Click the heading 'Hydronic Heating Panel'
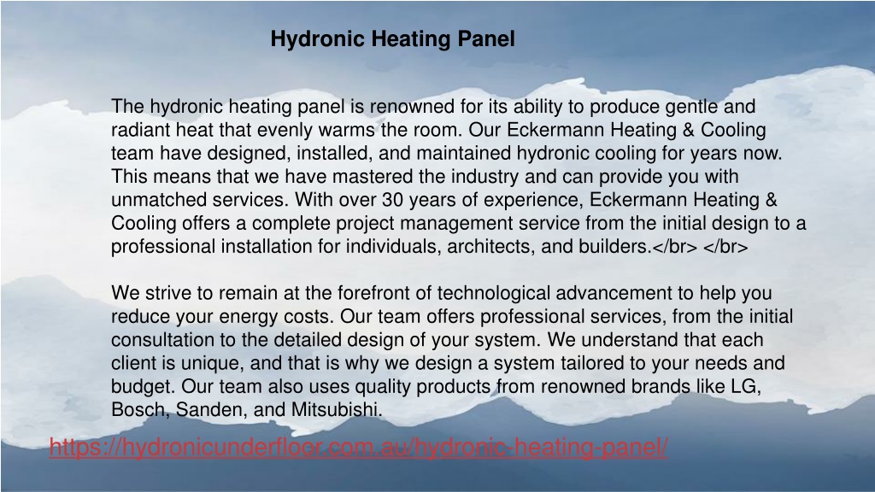tap(392, 39)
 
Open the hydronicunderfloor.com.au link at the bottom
tap(358, 447)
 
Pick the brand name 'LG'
tap(745, 386)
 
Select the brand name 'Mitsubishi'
tap(335, 410)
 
